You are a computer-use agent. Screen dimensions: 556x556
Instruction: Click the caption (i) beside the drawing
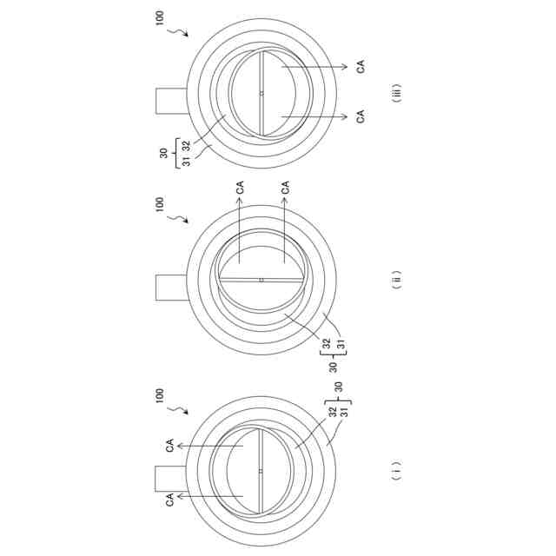click(397, 471)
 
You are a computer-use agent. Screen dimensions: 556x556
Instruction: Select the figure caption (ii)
click(397, 280)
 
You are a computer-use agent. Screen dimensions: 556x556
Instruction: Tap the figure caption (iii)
click(397, 93)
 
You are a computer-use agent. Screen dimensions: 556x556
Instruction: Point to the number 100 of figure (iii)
click(160, 17)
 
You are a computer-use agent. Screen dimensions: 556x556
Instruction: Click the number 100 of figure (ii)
click(160, 204)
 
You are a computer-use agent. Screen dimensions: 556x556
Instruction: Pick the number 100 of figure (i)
click(160, 395)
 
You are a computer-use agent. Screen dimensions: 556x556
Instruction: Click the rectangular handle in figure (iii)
click(171, 101)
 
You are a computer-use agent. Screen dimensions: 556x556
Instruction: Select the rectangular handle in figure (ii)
click(171, 288)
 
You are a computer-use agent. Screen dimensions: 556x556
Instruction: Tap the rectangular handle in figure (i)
click(170, 479)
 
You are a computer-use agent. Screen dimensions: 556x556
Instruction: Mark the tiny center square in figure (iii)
click(261, 93)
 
